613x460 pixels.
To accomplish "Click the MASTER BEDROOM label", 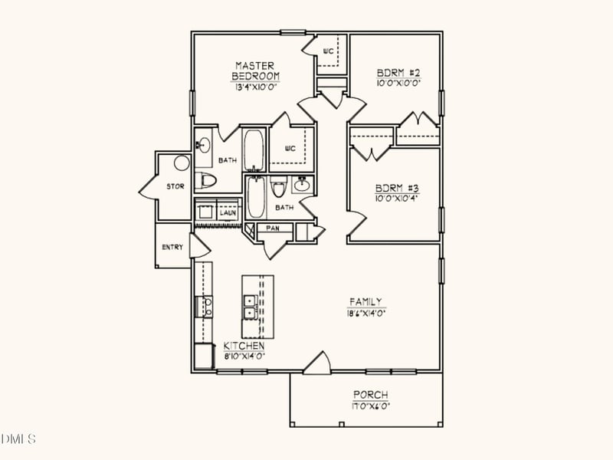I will [x=256, y=71].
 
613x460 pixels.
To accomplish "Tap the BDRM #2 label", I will [x=398, y=73].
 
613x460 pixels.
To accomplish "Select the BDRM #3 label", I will [x=396, y=189].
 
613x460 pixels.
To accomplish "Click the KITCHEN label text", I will [x=244, y=347].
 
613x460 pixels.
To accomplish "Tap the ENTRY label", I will [x=172, y=247].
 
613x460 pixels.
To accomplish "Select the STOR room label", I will [x=175, y=186].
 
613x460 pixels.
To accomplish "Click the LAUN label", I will [x=228, y=212].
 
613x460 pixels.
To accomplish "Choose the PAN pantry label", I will [x=272, y=228].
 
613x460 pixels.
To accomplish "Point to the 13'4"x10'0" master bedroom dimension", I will [x=255, y=87].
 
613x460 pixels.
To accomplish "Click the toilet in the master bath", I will [x=205, y=181].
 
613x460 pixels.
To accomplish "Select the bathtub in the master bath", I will [x=254, y=150].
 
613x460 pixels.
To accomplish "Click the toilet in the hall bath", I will [x=278, y=186].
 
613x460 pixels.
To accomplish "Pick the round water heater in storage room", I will [x=181, y=163].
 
